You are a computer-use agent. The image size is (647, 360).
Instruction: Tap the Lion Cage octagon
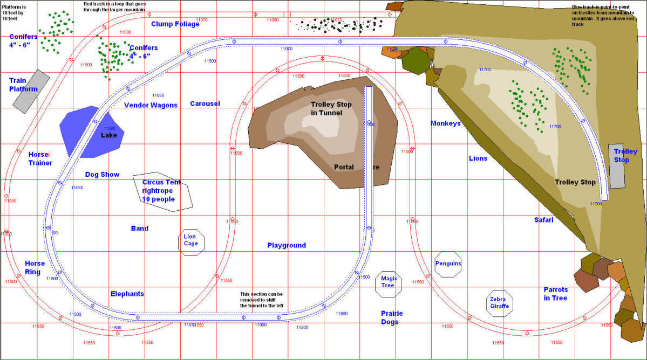tap(191, 240)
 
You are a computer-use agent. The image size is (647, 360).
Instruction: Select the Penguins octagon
tap(448, 264)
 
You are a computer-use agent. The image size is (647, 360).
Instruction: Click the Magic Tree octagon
tap(389, 282)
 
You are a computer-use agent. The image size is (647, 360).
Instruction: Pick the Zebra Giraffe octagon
tap(499, 303)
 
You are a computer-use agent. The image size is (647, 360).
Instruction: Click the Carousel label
tap(205, 103)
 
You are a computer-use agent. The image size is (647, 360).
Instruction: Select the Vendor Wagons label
tap(147, 105)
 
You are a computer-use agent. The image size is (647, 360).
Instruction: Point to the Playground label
tap(287, 245)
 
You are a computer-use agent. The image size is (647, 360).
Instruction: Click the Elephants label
tap(127, 294)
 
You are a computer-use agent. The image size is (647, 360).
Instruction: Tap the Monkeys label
tap(446, 123)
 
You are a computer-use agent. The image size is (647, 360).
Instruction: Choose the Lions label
tap(478, 158)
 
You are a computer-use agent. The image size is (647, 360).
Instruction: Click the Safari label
tap(544, 220)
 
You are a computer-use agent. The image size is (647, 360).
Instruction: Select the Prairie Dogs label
tap(392, 317)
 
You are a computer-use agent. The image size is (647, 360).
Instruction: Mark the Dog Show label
tap(103, 175)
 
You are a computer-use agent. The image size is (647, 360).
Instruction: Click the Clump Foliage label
tap(175, 24)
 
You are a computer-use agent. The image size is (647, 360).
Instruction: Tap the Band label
tap(139, 229)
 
